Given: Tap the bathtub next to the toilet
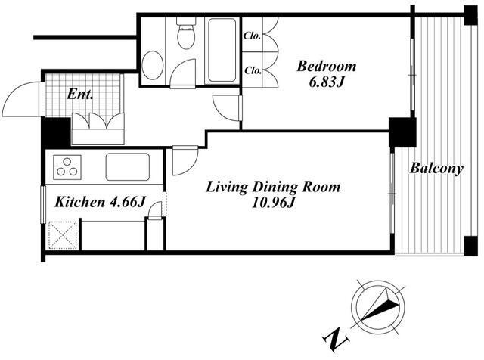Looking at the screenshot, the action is [x=222, y=51].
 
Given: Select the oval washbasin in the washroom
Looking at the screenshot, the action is [x=153, y=65].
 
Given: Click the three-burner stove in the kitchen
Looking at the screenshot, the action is [x=67, y=167].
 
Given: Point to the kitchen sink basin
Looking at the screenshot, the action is [x=128, y=166].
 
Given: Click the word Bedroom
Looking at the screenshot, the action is [x=326, y=67].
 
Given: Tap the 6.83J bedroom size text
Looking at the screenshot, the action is [x=327, y=82].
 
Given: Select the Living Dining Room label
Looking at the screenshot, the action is [x=274, y=187].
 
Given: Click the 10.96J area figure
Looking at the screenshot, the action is [x=274, y=203].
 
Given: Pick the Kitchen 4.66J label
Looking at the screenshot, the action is [x=101, y=203].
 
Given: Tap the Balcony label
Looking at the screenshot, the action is [x=436, y=169].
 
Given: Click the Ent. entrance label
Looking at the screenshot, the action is [x=80, y=95].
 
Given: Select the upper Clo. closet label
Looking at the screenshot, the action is [x=252, y=36].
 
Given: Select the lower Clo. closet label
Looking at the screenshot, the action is [x=253, y=70].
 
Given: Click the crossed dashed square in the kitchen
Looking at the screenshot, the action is [x=63, y=234].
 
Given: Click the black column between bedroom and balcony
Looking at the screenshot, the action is [x=402, y=132].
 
